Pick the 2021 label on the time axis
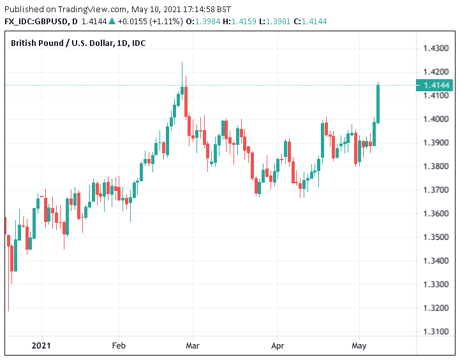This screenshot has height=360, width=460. [41, 345]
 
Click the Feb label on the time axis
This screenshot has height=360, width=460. [118, 345]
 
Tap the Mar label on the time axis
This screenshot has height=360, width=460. [193, 345]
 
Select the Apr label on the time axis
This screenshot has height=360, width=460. [278, 345]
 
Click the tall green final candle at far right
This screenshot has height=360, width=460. [378, 103]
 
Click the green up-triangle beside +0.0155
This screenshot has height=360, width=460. [112, 22]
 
